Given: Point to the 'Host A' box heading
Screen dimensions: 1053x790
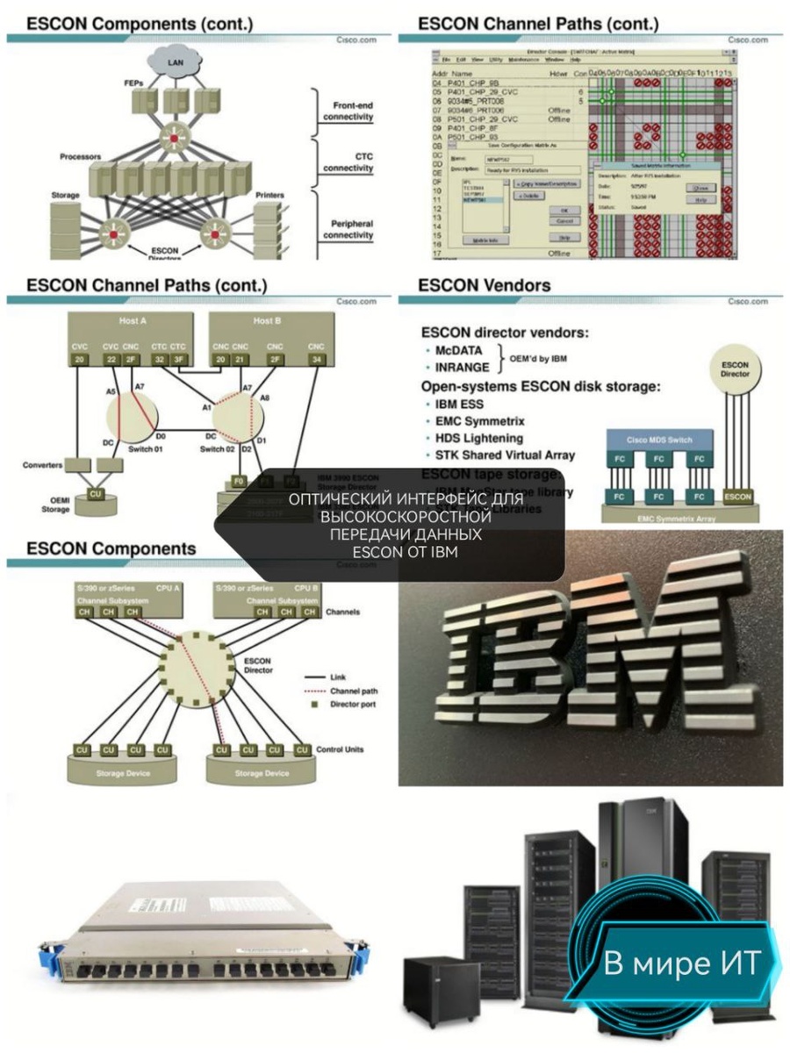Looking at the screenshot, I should coord(132,321).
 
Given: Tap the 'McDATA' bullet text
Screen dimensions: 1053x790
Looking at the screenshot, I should coord(458,349).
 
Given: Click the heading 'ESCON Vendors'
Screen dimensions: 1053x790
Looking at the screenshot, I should coord(484,285).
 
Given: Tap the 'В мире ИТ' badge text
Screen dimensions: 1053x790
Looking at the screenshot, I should coord(690,963).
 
